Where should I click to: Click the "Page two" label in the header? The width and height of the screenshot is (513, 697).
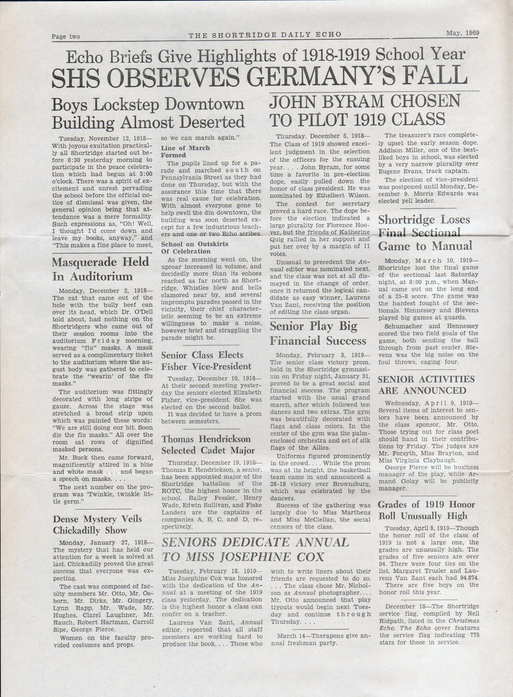click(x=66, y=37)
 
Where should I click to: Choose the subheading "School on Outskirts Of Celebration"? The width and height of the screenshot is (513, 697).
click(x=194, y=248)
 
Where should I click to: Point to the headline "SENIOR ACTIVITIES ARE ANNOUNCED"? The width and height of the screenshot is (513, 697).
click(x=426, y=385)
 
